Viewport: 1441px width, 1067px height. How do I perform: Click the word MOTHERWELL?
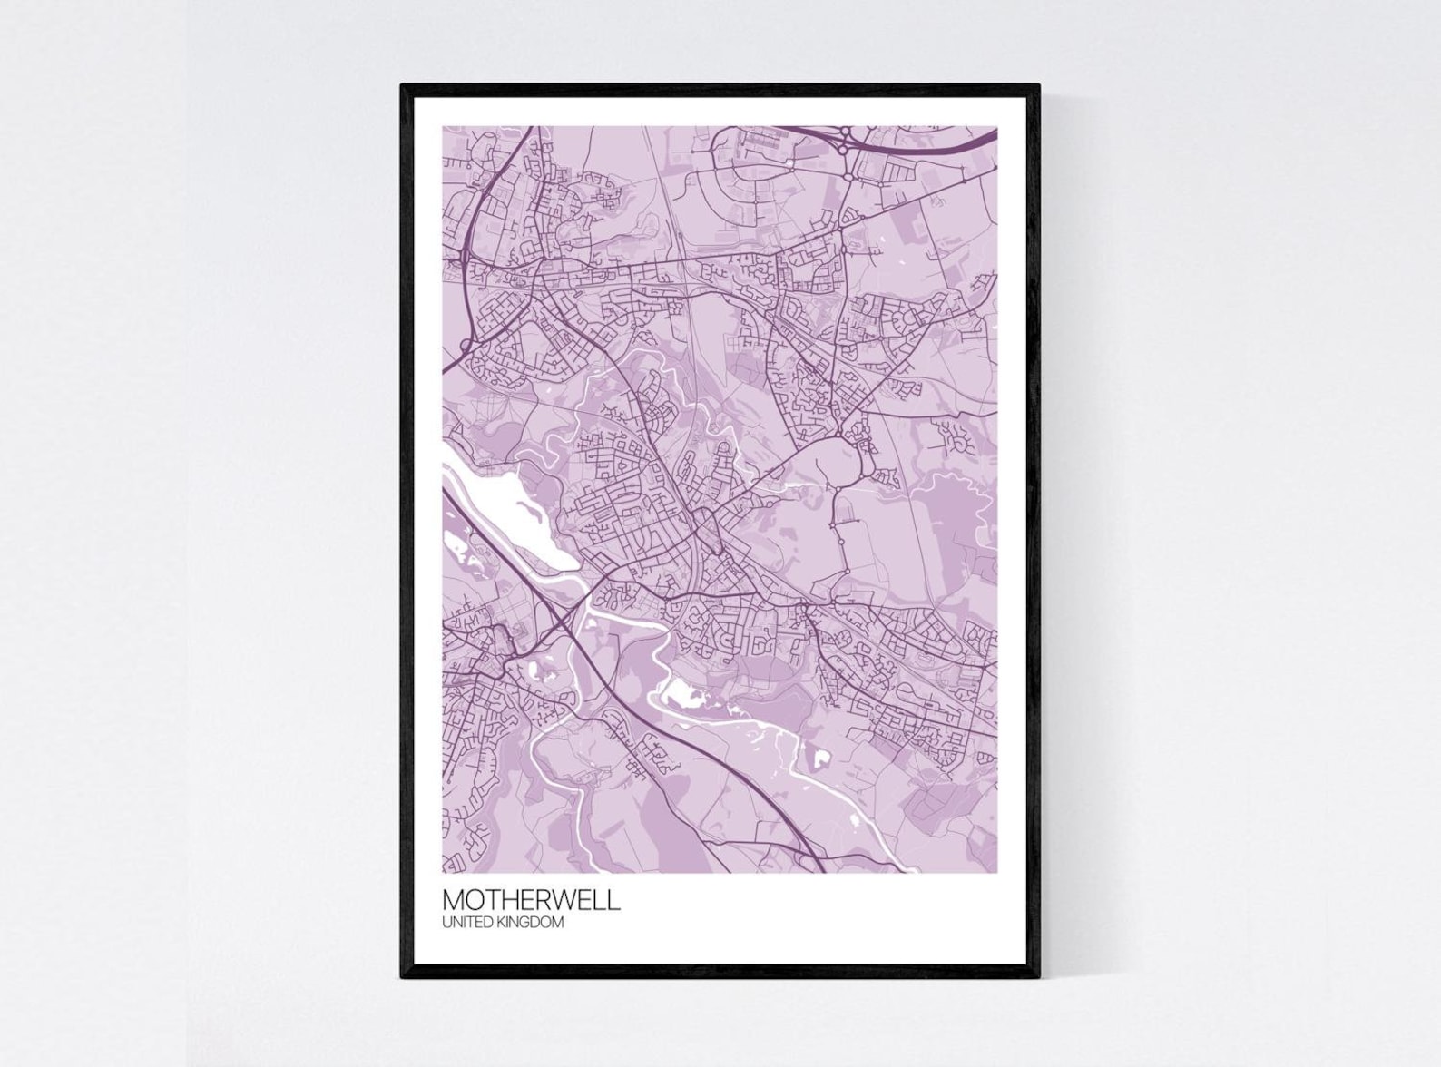click(532, 899)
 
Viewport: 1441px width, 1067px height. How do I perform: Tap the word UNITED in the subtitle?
click(466, 923)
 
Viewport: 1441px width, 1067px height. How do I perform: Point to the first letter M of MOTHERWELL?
click(454, 899)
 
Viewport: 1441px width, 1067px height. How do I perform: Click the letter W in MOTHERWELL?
click(572, 899)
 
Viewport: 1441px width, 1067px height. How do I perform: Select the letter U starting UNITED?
click(446, 923)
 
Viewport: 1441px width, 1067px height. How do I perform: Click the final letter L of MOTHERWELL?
click(615, 899)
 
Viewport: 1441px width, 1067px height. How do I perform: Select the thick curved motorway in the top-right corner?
click(944, 145)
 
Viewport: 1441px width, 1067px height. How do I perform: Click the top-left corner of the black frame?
click(403, 86)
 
